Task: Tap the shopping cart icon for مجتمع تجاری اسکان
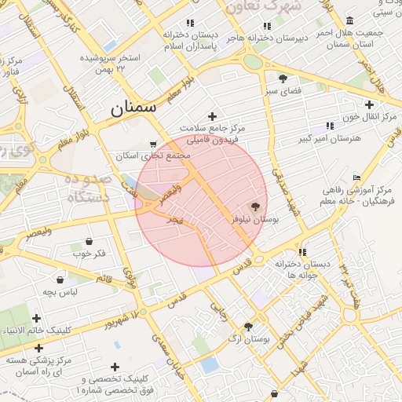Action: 152,144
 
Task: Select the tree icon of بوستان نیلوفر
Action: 256,206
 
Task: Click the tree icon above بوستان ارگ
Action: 249,327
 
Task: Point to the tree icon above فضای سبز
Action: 283,79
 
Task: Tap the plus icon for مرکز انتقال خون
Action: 369,104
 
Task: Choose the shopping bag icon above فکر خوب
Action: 88,241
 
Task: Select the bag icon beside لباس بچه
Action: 60,280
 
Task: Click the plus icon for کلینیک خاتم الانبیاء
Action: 37,318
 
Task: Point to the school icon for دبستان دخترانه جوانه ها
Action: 301,252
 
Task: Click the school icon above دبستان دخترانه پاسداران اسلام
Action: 189,24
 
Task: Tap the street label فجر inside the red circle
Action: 174,221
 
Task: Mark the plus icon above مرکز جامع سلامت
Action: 211,116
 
